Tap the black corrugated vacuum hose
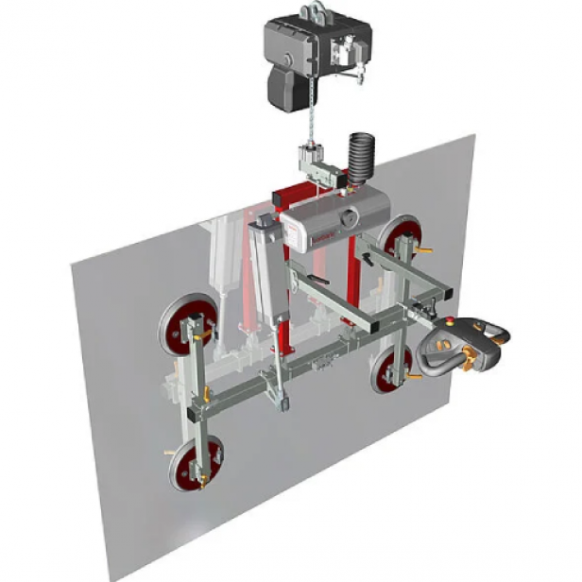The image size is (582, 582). point(360,155)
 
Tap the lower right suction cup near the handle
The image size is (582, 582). point(385,368)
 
